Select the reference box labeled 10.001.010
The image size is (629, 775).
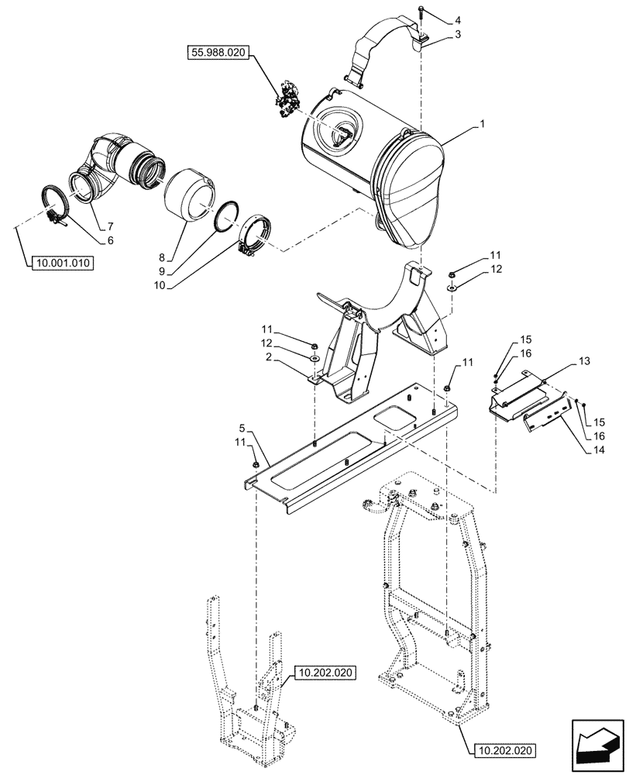click(x=63, y=263)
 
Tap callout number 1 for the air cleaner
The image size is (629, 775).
click(x=482, y=123)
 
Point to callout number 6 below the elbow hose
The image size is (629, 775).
click(x=111, y=241)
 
